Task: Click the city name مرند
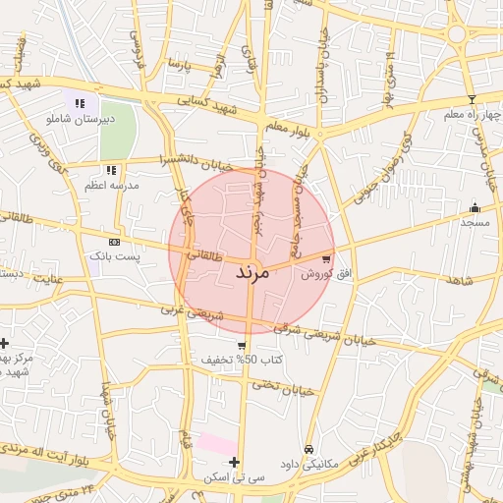click(x=252, y=272)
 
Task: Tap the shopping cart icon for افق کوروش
click(x=326, y=259)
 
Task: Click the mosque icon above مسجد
click(x=475, y=207)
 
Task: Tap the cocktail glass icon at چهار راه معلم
click(x=472, y=99)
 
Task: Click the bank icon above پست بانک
click(x=115, y=241)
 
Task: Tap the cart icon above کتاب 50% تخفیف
click(x=242, y=345)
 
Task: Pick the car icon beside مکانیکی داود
click(x=308, y=449)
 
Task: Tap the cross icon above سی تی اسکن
click(x=234, y=462)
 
